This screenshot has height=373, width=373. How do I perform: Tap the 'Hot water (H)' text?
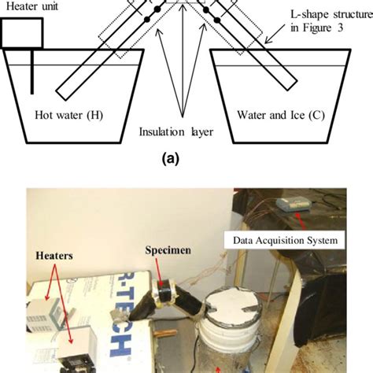(x=75, y=113)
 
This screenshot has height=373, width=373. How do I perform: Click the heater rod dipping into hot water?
(x=32, y=71)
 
